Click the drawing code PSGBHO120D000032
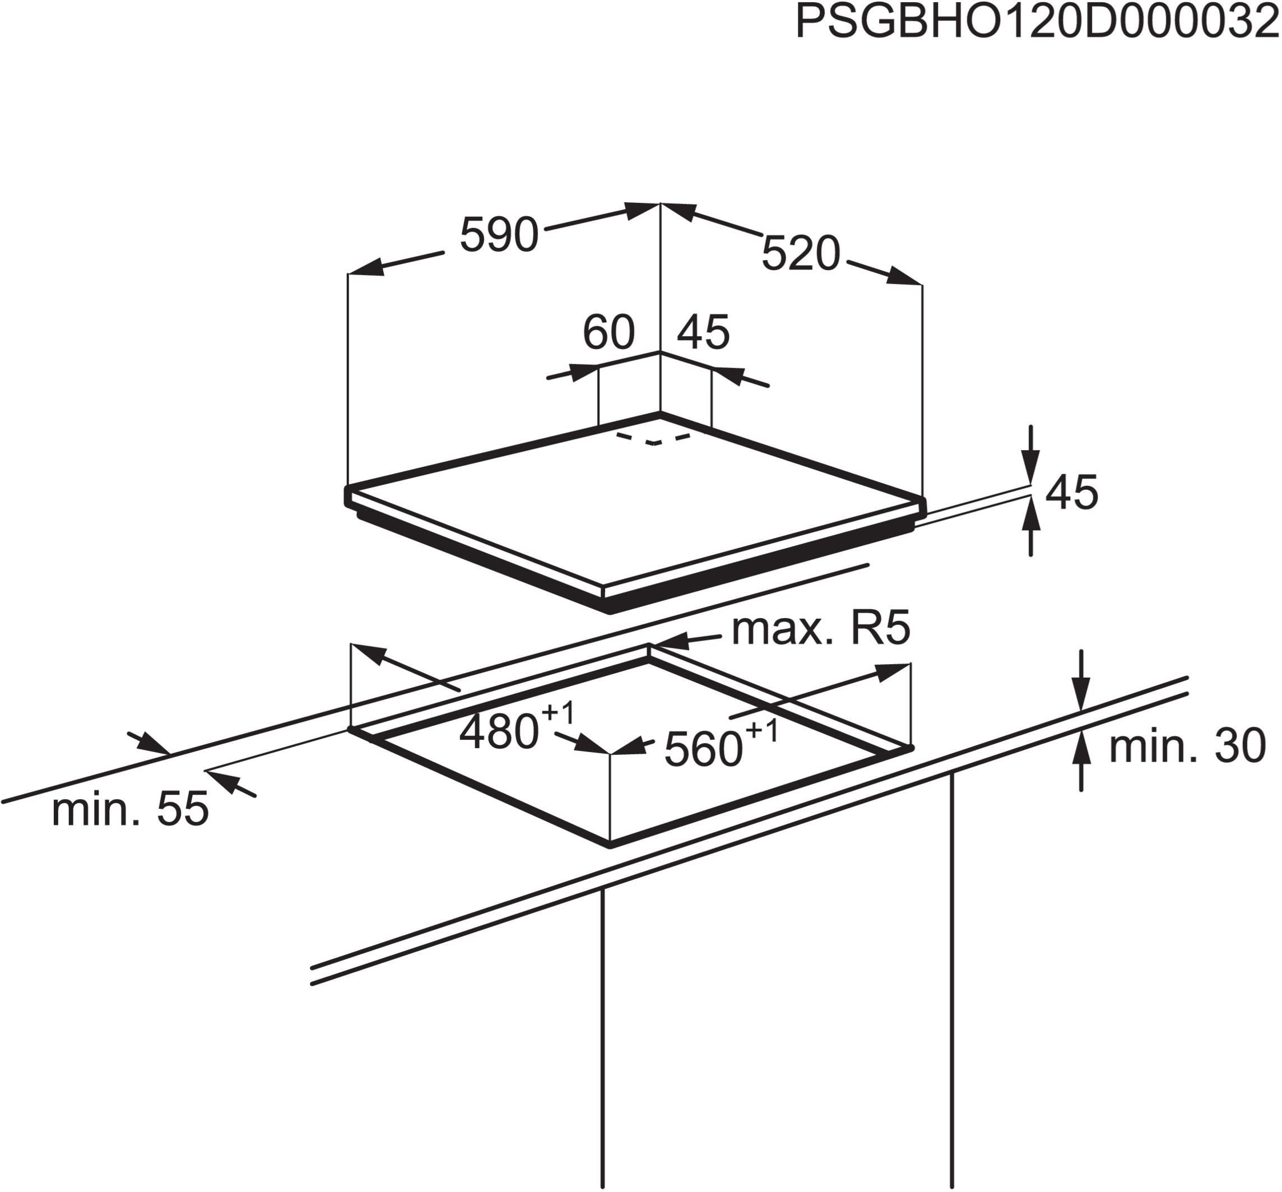[1037, 21]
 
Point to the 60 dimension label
[608, 332]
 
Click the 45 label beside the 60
[704, 332]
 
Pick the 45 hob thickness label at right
[1072, 492]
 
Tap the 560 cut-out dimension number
[704, 749]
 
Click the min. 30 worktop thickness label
[1187, 746]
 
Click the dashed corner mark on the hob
[653, 439]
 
